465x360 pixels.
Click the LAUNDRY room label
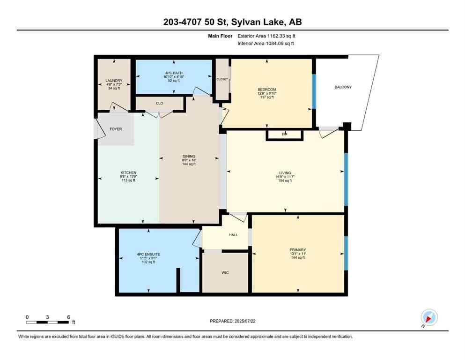tap(114, 81)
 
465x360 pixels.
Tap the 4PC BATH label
tap(173, 73)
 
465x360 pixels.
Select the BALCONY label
tap(343, 87)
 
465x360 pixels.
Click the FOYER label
tap(116, 129)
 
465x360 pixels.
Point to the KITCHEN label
tap(128, 172)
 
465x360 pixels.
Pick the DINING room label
tap(189, 157)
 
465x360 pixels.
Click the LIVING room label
tap(284, 172)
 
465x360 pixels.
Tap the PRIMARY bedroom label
tap(297, 250)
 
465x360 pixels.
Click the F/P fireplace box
tap(284, 135)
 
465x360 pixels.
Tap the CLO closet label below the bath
tap(159, 103)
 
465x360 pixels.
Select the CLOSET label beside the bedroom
tap(222, 79)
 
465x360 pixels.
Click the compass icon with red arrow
tap(428, 317)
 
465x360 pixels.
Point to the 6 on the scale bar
tap(68, 317)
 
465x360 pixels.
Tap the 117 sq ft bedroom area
tap(266, 97)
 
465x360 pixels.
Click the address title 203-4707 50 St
tap(232, 22)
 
